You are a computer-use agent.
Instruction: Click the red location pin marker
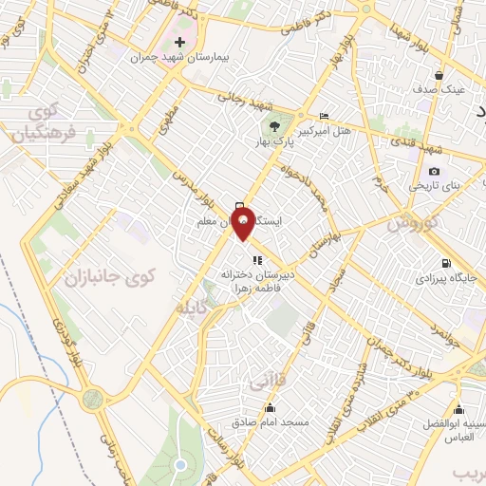point(244,221)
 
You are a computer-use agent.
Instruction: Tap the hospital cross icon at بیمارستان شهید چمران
point(180,43)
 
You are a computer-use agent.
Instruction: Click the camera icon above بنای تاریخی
point(434,171)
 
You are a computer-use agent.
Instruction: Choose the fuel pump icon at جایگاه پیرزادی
point(442,263)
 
